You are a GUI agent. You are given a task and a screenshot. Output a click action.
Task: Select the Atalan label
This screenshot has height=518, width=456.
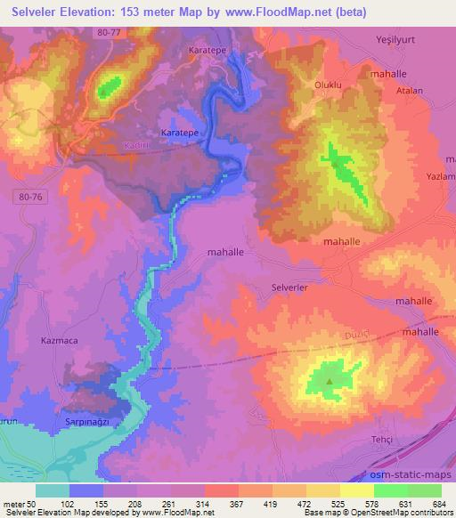[x=409, y=90]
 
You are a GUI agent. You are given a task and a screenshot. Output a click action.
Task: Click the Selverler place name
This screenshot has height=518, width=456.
[x=289, y=287]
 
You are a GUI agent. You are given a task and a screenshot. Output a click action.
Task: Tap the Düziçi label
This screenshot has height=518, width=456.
[x=345, y=335]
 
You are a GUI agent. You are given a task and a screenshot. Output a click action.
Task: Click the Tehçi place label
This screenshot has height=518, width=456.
[x=381, y=441]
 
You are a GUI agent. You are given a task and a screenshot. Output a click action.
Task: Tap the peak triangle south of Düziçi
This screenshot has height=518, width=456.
[x=330, y=382]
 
